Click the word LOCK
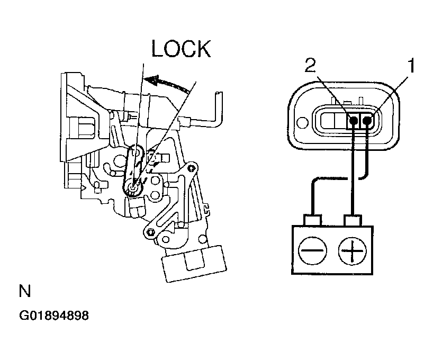tap(181, 49)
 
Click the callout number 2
tap(310, 65)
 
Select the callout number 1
tap(412, 65)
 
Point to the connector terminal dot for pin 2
tap(353, 120)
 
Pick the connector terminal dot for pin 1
tap(367, 120)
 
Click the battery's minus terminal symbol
tap(312, 250)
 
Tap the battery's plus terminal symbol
tap(353, 251)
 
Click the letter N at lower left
tap(25, 291)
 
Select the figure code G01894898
tap(54, 316)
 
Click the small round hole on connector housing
tap(302, 122)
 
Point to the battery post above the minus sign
tap(312, 220)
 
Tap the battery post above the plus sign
tap(353, 220)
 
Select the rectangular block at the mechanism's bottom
tap(194, 263)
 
